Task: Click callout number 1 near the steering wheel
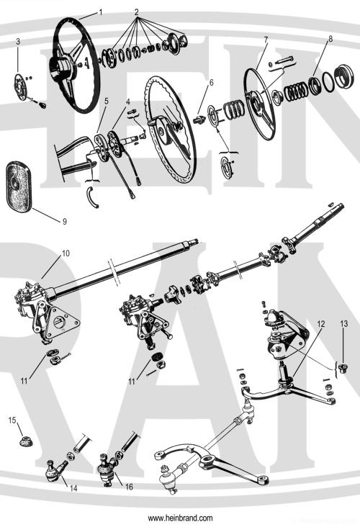pyautogui.click(x=101, y=12)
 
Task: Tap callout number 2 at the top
pyautogui.click(x=137, y=12)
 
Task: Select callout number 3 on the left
pyautogui.click(x=18, y=41)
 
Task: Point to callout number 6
pyautogui.click(x=212, y=83)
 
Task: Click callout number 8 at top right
pyautogui.click(x=330, y=39)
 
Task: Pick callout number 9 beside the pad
pyautogui.click(x=65, y=221)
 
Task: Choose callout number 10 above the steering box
pyautogui.click(x=66, y=253)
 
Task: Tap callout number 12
pyautogui.click(x=321, y=324)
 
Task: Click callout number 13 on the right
pyautogui.click(x=344, y=324)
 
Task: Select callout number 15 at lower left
pyautogui.click(x=12, y=420)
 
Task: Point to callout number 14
pyautogui.click(x=73, y=488)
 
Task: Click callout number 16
pyautogui.click(x=130, y=487)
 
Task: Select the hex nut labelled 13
pyautogui.click(x=343, y=368)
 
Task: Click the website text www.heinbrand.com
pyautogui.click(x=180, y=518)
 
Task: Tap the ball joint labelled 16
pyautogui.click(x=107, y=469)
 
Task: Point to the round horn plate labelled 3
pyautogui.click(x=20, y=87)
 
